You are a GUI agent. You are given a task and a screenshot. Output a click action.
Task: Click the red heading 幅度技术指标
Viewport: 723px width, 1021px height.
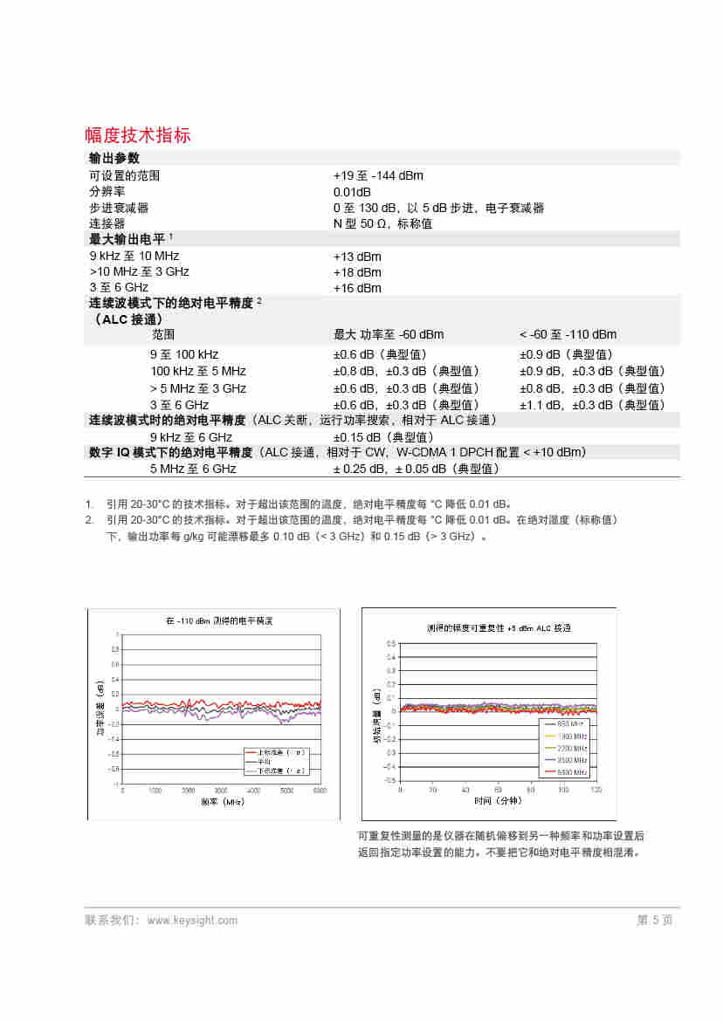pyautogui.click(x=137, y=135)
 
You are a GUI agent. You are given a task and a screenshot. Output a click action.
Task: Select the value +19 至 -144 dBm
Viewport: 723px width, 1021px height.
pyautogui.click(x=378, y=175)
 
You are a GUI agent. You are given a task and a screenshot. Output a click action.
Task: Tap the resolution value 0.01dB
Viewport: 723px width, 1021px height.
pyautogui.click(x=352, y=192)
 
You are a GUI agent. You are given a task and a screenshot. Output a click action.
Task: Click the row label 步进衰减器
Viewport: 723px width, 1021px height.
pyautogui.click(x=119, y=208)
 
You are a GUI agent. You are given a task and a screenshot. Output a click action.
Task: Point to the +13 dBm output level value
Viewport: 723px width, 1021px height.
pyautogui.click(x=357, y=257)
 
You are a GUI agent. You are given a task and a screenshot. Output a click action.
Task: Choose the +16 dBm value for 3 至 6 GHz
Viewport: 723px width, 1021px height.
pyautogui.click(x=357, y=288)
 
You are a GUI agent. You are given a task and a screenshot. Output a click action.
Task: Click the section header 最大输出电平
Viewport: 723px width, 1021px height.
pyautogui.click(x=127, y=239)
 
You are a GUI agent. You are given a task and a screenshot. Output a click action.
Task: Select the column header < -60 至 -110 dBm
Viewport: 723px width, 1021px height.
pyautogui.click(x=568, y=334)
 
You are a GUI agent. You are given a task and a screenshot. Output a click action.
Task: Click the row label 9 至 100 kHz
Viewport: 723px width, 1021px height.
pyautogui.click(x=184, y=354)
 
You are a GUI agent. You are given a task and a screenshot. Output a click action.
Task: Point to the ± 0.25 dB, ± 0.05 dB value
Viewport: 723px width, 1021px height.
pyautogui.click(x=416, y=469)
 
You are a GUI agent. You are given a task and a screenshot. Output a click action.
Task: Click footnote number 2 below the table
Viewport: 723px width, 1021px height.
pyautogui.click(x=89, y=520)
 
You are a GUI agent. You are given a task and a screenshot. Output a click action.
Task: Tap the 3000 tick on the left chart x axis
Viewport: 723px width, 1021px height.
pyautogui.click(x=254, y=790)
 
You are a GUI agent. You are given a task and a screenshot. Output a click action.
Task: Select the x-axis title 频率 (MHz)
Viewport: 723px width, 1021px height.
pyautogui.click(x=222, y=801)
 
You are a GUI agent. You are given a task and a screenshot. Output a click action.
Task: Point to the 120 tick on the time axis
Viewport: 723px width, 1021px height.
pyautogui.click(x=596, y=790)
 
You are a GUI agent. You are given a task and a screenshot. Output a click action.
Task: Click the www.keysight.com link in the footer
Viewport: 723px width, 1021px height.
pyautogui.click(x=192, y=920)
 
